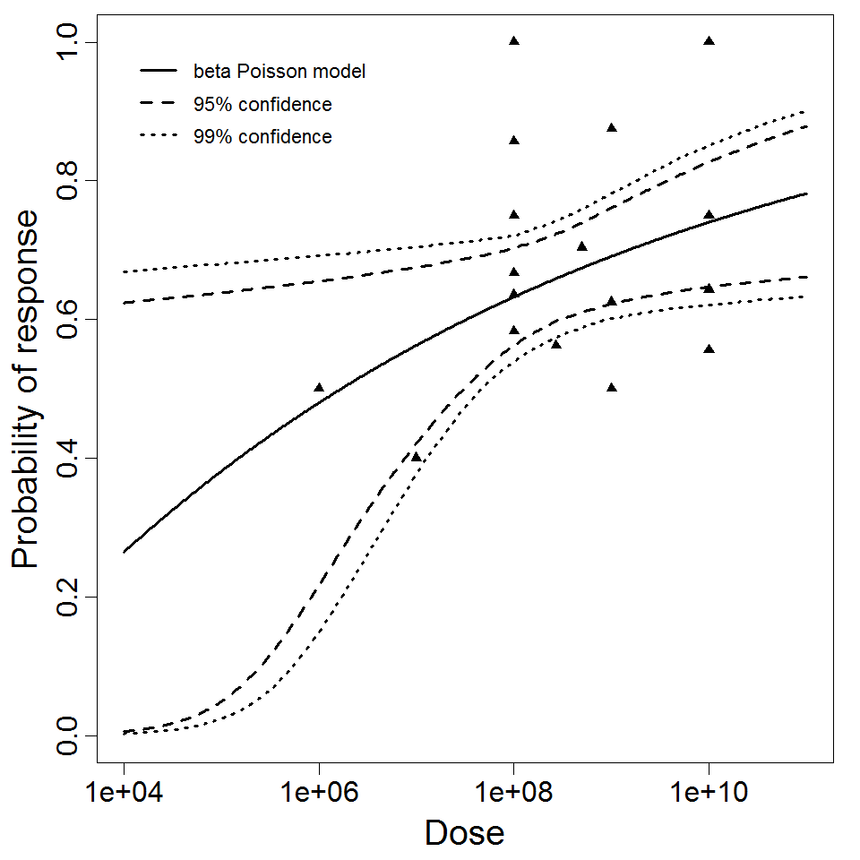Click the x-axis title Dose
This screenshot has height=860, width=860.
(x=464, y=833)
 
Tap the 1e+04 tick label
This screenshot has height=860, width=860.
(x=124, y=793)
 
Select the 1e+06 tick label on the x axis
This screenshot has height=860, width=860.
(x=319, y=793)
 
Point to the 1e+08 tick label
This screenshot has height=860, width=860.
(x=513, y=793)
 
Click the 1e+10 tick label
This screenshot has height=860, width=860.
(x=709, y=793)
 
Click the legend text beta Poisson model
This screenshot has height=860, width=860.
(x=279, y=71)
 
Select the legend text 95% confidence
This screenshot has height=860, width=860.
(x=262, y=105)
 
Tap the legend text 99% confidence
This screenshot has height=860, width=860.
(x=262, y=137)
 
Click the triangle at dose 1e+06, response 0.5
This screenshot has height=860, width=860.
(x=319, y=387)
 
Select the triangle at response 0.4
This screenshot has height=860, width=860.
(x=416, y=457)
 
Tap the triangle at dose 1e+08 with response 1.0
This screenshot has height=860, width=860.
(x=514, y=40)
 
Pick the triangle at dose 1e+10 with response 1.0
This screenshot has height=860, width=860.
(x=709, y=40)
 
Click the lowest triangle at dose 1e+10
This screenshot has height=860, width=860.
(x=709, y=348)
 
